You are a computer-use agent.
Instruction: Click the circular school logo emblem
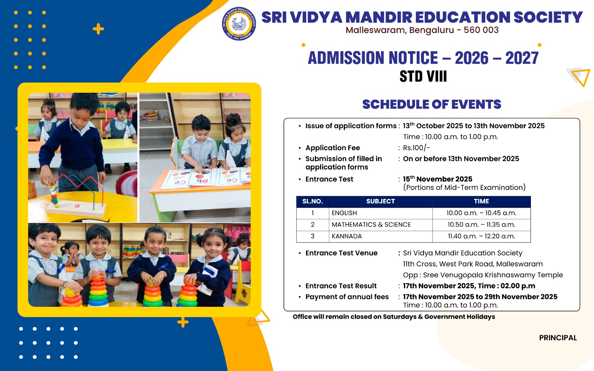pos(239,23)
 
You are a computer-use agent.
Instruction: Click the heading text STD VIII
pos(423,76)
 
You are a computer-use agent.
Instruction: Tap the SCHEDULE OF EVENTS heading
pos(431,105)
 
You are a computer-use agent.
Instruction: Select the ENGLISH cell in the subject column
pos(344,213)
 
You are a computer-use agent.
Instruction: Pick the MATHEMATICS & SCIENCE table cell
pos(371,224)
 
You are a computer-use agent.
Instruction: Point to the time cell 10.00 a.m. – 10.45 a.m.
pos(481,213)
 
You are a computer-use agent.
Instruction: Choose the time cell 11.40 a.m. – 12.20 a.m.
pos(481,236)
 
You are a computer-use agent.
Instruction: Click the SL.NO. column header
pos(312,201)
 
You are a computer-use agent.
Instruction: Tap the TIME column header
pos(481,201)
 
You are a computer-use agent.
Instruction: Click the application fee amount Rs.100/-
pos(417,148)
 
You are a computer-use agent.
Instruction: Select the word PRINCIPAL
pos(558,338)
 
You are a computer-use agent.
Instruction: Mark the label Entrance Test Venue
pos(341,253)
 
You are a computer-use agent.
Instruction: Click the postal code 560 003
pos(481,30)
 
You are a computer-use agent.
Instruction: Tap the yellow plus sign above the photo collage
pos(98,29)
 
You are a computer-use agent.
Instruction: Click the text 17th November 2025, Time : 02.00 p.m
pos(469,286)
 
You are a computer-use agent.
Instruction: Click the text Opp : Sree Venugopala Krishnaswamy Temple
pos(483,275)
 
